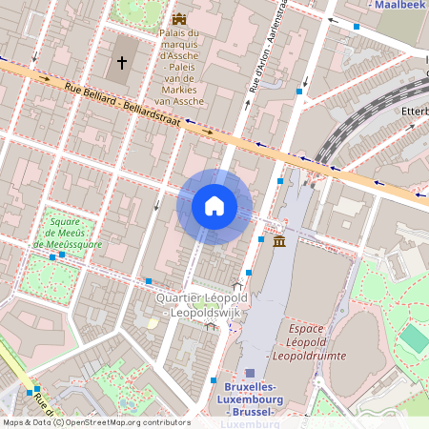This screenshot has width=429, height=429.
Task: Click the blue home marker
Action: tap(214, 206)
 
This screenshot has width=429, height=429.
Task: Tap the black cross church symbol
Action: tap(122, 63)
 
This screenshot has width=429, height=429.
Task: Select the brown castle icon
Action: tap(178, 19)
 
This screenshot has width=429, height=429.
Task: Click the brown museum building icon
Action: tap(278, 243)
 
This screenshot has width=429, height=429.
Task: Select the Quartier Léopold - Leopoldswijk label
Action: tap(202, 305)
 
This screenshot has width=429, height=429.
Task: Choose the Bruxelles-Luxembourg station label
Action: tap(250, 393)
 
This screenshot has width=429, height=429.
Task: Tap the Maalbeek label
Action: tap(398, 5)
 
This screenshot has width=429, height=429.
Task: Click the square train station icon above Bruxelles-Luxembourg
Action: tap(250, 373)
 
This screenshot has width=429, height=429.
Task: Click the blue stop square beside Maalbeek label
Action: tap(357, 27)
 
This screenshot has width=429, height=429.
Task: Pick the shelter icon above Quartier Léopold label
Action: tap(237, 286)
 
